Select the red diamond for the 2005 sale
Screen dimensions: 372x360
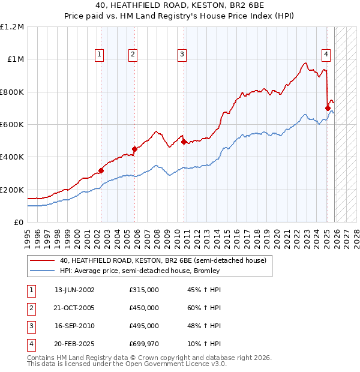click(x=134, y=149)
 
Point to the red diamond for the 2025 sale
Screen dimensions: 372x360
click(x=328, y=109)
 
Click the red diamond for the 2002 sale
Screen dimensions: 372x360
click(x=101, y=171)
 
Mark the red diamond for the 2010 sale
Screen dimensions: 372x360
click(x=184, y=142)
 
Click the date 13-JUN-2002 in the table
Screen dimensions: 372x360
click(x=74, y=290)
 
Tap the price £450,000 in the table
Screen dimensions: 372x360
click(x=144, y=308)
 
